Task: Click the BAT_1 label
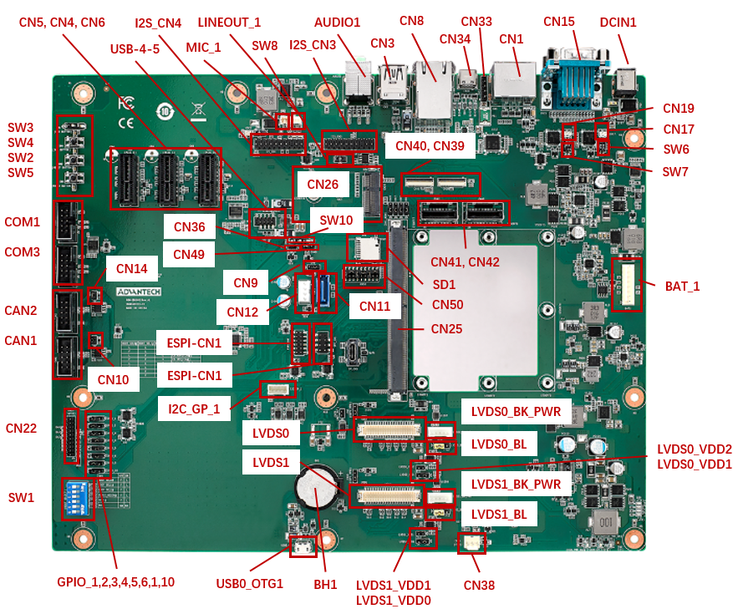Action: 682,287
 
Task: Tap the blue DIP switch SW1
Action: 79,499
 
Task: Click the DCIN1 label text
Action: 618,23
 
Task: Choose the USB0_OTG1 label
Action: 249,584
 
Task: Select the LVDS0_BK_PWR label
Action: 516,412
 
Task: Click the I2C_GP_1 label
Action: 194,409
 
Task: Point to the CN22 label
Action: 22,429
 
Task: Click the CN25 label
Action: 446,329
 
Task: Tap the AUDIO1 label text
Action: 338,23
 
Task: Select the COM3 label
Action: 22,252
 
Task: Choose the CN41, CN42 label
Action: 465,262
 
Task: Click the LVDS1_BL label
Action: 499,515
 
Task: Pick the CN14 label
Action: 131,269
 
